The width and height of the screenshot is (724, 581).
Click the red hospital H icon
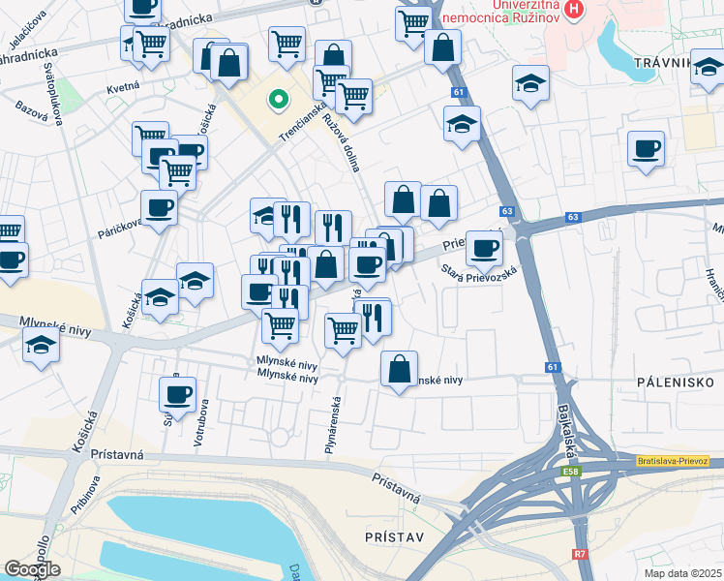point(576,12)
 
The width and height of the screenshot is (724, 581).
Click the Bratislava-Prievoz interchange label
point(674,461)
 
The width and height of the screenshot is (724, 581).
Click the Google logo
point(32,568)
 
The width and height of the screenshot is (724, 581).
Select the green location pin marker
point(279,100)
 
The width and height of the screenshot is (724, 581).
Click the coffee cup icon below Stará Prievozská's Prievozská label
point(484,249)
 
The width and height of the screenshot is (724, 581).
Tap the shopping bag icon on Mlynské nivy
point(399,369)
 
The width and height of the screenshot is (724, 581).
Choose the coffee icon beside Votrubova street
point(178,394)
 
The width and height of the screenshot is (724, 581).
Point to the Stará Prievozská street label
point(480,275)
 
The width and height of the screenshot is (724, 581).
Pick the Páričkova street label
point(119,228)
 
